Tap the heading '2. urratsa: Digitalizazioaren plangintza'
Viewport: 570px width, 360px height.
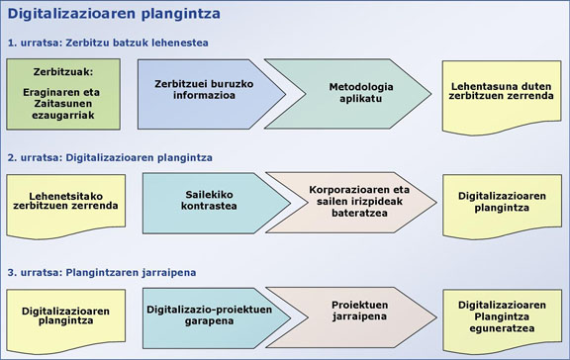109,156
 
